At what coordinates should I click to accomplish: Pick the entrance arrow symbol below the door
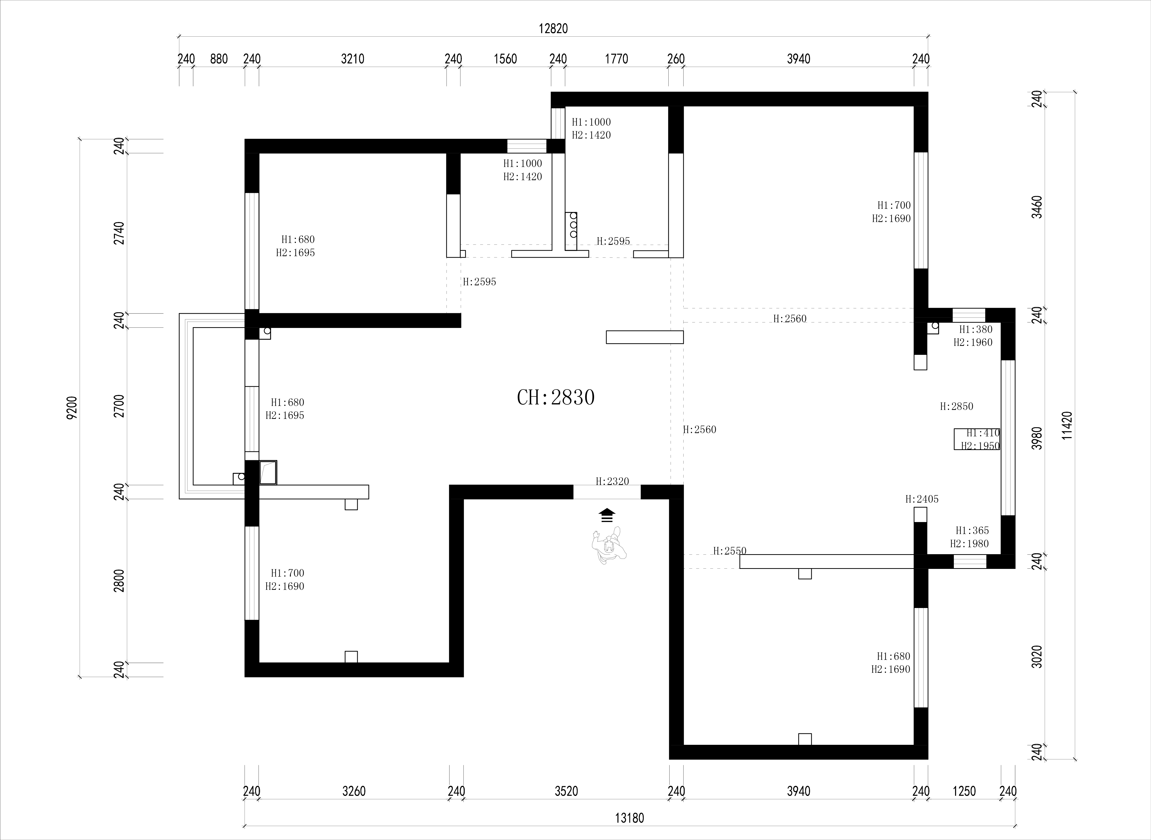(607, 515)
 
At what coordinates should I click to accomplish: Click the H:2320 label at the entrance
(612, 481)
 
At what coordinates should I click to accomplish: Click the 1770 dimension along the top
(617, 59)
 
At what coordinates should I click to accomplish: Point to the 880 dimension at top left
(219, 59)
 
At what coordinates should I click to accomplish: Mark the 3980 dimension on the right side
(1037, 438)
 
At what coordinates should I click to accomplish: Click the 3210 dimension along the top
(353, 59)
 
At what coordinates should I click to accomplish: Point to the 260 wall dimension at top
(676, 59)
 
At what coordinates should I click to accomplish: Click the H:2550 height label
(729, 551)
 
